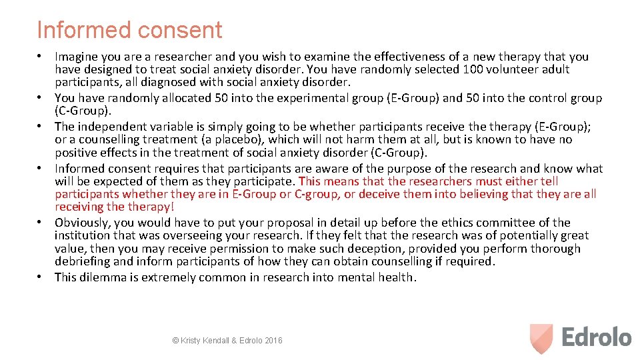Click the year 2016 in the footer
273,341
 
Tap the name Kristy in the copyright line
193,341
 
